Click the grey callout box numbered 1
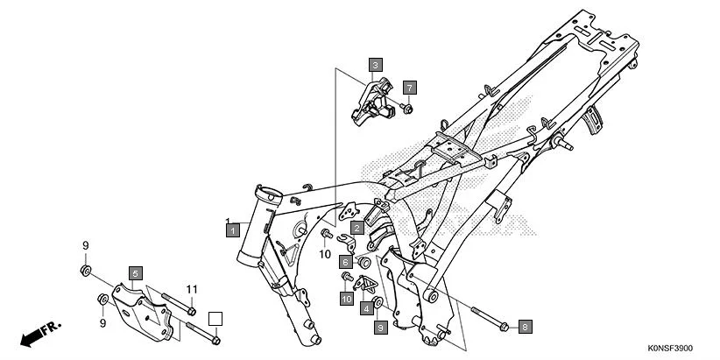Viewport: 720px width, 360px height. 232,229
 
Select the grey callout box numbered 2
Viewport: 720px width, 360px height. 357,227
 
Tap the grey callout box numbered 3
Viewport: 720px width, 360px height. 374,65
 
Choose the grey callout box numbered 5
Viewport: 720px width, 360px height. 136,273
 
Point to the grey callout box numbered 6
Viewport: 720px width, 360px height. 347,262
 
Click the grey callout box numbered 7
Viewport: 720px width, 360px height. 409,88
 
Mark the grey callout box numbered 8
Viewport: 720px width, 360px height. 525,327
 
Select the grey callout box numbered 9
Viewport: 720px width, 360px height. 380,327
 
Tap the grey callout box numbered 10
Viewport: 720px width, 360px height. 347,299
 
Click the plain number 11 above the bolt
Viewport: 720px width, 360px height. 192,289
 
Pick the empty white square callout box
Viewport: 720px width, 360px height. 215,318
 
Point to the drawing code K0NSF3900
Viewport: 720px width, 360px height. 681,349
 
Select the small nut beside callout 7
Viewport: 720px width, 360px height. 407,108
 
